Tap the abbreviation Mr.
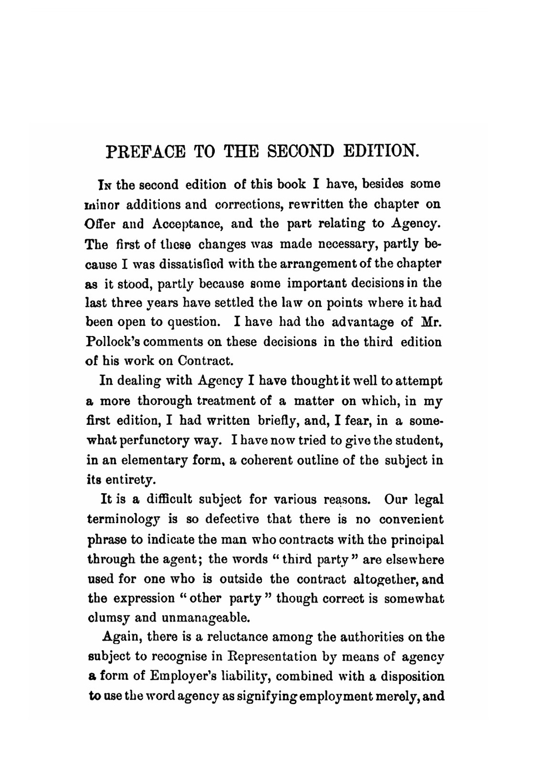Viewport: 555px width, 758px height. (431, 322)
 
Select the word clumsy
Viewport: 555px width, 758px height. (108, 618)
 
